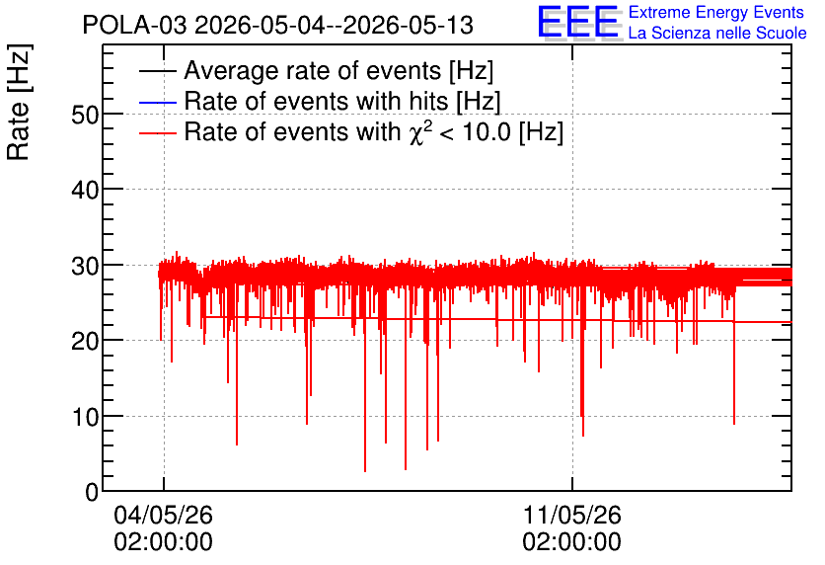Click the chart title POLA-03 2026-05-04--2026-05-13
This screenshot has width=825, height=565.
(x=278, y=25)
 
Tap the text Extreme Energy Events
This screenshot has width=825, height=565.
(x=716, y=12)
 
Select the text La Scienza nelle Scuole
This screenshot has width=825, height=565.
(x=717, y=33)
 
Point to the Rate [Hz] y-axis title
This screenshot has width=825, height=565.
(x=19, y=103)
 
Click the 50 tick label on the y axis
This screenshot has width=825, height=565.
(x=85, y=115)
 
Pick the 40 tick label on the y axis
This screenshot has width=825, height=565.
(x=85, y=190)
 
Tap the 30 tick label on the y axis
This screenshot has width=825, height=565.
(x=85, y=266)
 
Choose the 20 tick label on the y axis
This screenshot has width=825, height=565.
(x=85, y=341)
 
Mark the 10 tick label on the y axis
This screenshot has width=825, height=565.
(x=85, y=417)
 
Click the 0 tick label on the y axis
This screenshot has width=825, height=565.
(x=92, y=492)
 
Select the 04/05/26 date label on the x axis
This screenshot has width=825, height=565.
(x=163, y=515)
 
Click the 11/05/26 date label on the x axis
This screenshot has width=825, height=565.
(x=572, y=515)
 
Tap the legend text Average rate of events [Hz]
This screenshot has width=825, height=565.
(x=338, y=70)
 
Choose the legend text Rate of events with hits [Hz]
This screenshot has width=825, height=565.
(x=342, y=101)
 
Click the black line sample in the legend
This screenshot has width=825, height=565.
(x=157, y=70)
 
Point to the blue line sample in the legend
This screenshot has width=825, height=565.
(x=157, y=101)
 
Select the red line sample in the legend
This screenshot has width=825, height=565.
(x=157, y=132)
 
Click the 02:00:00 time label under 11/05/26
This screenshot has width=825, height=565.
(x=572, y=542)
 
